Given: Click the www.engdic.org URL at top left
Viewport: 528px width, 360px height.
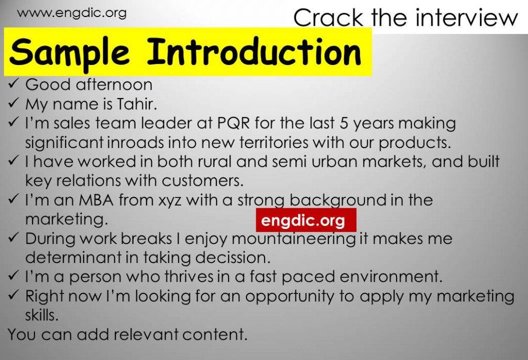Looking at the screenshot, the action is [72, 13].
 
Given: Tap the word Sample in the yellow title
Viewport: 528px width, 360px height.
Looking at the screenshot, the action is [70, 52].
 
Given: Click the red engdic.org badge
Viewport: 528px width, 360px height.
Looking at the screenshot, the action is [306, 220].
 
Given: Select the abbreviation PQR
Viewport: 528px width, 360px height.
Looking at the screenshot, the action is [234, 123].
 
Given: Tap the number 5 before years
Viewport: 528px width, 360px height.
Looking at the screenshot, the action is [343, 123].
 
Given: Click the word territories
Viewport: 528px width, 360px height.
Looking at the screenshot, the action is [274, 142].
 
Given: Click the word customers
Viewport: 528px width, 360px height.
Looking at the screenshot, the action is [203, 181].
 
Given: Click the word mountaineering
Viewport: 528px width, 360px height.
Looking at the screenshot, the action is [293, 239].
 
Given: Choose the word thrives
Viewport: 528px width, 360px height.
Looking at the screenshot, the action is [189, 277].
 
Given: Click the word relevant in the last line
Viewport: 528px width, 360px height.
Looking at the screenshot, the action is [145, 334].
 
